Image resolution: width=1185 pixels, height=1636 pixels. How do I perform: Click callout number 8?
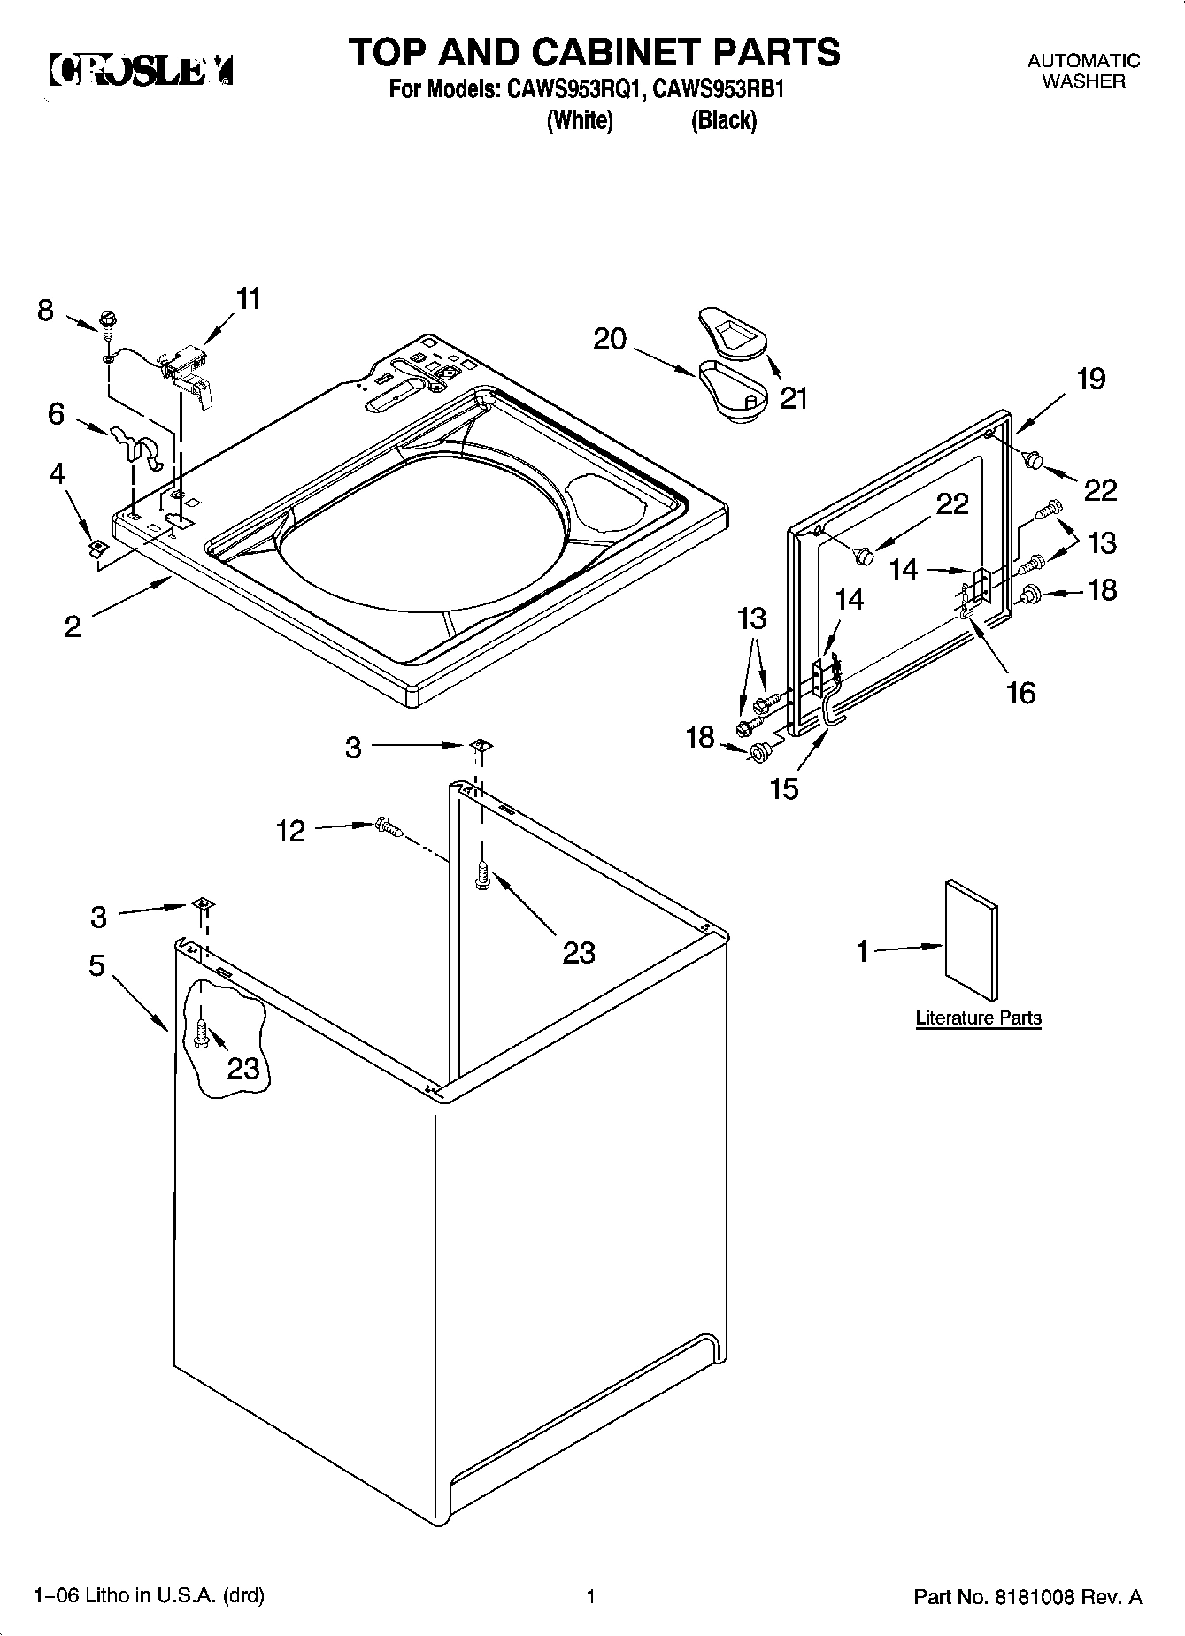(45, 311)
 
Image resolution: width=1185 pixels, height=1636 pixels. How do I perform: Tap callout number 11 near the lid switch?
(249, 299)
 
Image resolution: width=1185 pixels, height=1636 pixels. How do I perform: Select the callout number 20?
(610, 338)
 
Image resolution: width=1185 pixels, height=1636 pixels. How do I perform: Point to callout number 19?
(1090, 379)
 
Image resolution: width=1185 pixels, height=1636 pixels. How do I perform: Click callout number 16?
(1020, 692)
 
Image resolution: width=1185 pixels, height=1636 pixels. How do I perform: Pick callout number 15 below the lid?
(784, 787)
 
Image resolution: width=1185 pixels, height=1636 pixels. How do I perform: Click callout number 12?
(290, 831)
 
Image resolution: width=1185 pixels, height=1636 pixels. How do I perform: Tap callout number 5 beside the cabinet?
(97, 965)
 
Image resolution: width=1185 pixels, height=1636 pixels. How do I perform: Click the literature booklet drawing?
(971, 941)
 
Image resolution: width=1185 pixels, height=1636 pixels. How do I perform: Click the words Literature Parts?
(978, 1018)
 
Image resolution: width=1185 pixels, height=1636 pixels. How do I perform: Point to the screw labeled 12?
(389, 827)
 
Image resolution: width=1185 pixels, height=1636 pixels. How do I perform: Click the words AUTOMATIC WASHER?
(1083, 71)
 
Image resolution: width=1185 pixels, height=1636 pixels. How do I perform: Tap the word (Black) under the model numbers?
(723, 120)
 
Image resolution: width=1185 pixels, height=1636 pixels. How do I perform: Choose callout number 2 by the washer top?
(73, 626)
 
